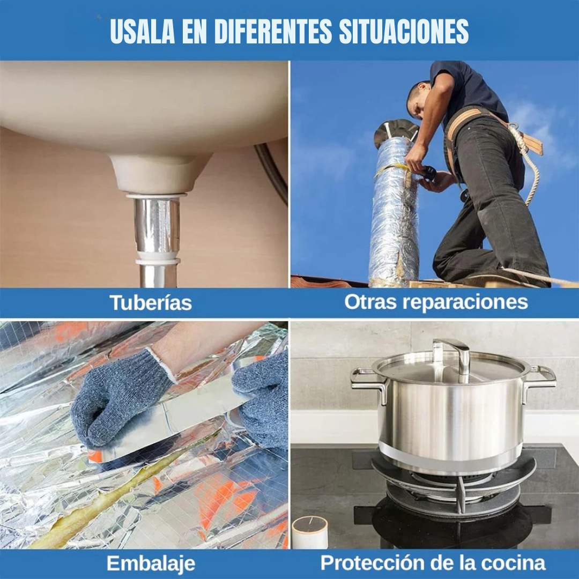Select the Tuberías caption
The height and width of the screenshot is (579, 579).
(x=151, y=302)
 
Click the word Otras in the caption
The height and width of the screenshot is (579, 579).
(x=370, y=301)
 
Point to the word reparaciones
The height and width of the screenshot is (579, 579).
(x=464, y=302)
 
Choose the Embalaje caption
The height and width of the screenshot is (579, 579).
(x=151, y=563)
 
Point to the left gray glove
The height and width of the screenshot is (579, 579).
(x=121, y=396)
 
